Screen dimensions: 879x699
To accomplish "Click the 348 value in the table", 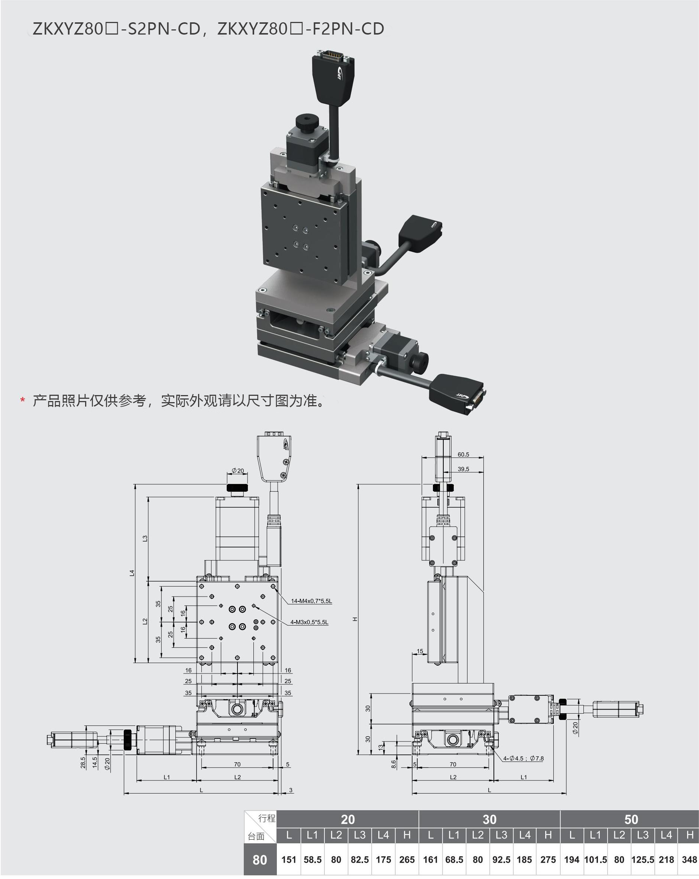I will click(689, 860).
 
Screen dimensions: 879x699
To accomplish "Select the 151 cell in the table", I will click(289, 860).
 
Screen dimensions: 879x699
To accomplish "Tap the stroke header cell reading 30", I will click(489, 820).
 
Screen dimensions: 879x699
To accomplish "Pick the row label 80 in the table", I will click(260, 860).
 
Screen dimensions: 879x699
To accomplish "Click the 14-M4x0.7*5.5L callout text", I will click(311, 601).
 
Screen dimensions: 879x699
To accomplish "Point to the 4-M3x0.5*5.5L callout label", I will click(309, 622).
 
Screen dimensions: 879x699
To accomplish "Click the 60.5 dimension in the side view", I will click(463, 455).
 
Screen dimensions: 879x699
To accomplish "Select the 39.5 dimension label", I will click(463, 469).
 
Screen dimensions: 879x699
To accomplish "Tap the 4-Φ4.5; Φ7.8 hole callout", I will click(523, 759).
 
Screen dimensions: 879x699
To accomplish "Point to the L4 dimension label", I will click(132, 573).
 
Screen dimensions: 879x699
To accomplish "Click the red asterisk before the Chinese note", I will click(23, 401).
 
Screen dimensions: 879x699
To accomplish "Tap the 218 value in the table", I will click(666, 860).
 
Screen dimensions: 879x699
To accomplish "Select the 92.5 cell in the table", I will click(501, 860).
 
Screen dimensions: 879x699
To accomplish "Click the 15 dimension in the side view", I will click(420, 652).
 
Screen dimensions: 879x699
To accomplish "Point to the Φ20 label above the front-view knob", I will click(237, 471).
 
